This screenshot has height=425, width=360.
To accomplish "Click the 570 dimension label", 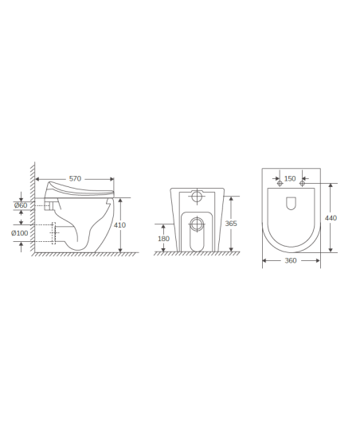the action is click(75, 178).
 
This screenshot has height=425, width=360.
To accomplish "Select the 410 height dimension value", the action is click(119, 225).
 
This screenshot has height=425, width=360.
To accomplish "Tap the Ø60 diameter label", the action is click(21, 205).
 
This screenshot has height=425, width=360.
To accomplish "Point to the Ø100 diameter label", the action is click(20, 233).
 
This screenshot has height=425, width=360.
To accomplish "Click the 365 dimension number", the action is click(231, 224).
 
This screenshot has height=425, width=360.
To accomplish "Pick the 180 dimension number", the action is click(163, 239).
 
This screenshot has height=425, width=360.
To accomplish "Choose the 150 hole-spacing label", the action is click(290, 178).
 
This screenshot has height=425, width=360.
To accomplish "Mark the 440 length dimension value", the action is click(331, 218).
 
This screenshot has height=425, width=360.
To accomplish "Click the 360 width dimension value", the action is click(291, 260).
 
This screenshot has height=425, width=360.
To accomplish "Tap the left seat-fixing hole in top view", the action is click(280, 184).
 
